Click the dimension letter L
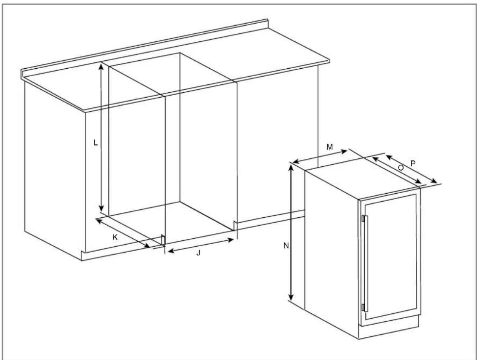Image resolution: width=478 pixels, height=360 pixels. click(96, 142)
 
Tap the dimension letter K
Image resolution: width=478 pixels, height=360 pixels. click(115, 237)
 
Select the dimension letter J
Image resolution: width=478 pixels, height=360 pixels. click(198, 253)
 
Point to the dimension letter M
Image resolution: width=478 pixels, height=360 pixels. click(329, 147)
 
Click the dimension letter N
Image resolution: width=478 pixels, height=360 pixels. click(286, 245)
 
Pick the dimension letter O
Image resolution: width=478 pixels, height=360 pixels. click(401, 168)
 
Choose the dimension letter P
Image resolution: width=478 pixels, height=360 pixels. click(413, 164)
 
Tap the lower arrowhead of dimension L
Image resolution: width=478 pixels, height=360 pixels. click(102, 209)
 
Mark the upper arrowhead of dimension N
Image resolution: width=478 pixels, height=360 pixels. click(292, 168)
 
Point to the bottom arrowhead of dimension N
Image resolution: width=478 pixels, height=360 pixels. click(292, 297)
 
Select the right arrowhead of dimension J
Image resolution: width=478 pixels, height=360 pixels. click(231, 240)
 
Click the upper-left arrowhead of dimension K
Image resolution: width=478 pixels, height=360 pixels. click(100, 221)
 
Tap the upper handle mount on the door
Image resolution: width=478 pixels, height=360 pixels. click(363, 219)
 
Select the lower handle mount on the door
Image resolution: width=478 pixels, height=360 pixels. click(363, 307)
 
